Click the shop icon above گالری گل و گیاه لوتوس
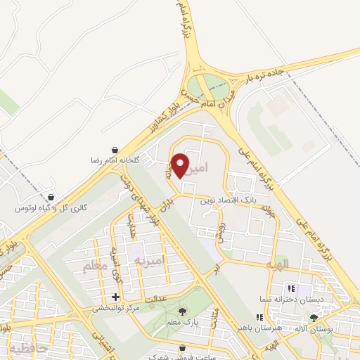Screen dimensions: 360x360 [51, 198]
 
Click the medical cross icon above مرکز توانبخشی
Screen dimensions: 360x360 [115, 297]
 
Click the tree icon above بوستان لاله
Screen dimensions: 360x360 [314, 318]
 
